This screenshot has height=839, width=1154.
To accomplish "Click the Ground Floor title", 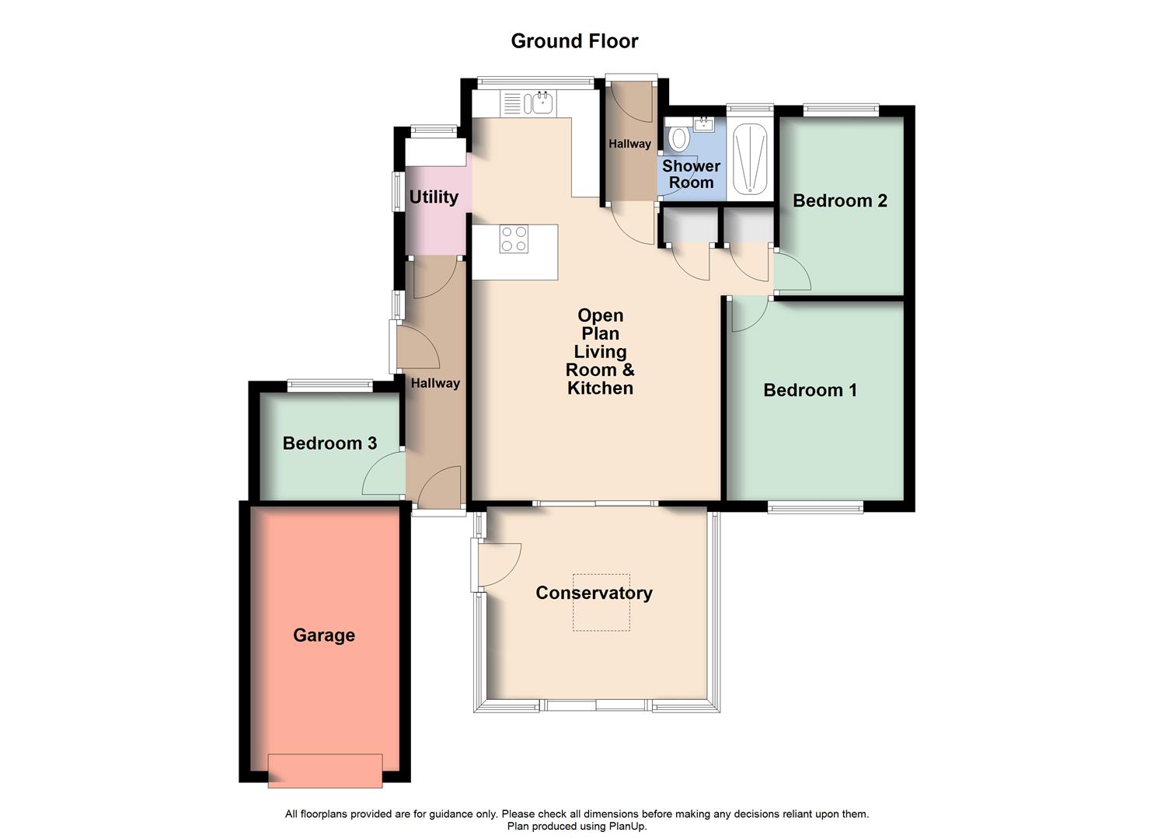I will point(574,41).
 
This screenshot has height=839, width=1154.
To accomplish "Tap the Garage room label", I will point(324,635).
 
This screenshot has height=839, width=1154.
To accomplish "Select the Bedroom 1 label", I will point(810,390).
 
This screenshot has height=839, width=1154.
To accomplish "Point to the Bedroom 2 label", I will point(839,200).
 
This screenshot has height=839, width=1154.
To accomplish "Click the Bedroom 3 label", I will point(329,444).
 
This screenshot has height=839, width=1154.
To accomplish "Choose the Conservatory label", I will point(594,593).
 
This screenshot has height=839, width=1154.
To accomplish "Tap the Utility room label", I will point(434,197).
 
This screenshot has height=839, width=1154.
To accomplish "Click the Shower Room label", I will point(691,175).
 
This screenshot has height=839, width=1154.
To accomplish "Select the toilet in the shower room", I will point(679,138).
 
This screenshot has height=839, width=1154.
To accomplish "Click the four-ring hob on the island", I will point(514,238).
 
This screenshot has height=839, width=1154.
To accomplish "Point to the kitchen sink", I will point(542,102).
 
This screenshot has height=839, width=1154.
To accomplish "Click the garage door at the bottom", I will point(325,771).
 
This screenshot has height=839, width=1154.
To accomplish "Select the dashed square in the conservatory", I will point(601,603).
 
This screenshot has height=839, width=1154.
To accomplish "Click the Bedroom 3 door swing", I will point(382,476).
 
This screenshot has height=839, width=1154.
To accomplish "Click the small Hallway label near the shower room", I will point(629,144).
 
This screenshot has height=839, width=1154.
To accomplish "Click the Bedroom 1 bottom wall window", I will point(815,507).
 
